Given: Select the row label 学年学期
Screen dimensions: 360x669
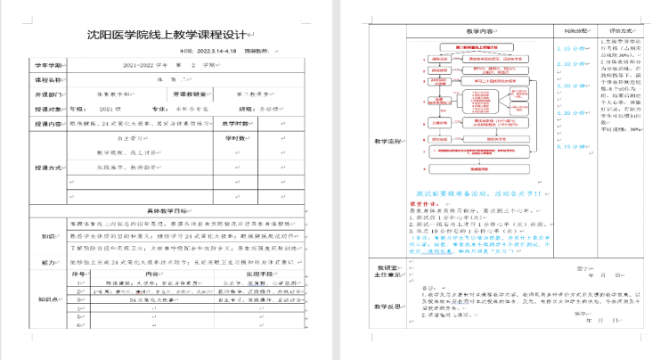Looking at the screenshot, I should point(50,65).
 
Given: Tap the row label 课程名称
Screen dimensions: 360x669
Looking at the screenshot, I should point(50,78).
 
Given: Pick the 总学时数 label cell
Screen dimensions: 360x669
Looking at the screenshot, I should point(235,137).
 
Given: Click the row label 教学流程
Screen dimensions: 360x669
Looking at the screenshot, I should point(388,141).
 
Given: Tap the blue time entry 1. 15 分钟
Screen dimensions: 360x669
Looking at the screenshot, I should point(567,48).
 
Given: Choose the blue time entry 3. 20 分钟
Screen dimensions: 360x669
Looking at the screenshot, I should point(567,86).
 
